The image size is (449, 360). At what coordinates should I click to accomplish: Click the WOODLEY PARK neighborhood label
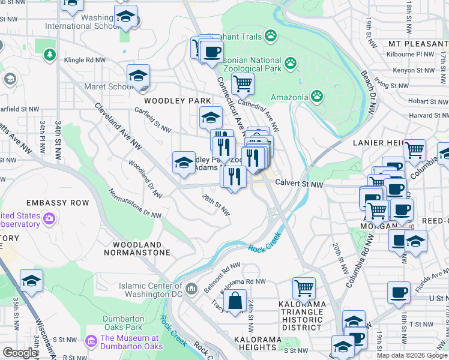(x=177, y=100)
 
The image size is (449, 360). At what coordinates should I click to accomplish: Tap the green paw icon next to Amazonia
(x=316, y=96)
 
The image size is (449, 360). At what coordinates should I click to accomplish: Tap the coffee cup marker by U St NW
(x=399, y=293)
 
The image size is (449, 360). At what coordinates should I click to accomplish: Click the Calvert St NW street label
(x=299, y=185)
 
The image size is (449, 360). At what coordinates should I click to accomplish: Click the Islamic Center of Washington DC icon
(x=191, y=289)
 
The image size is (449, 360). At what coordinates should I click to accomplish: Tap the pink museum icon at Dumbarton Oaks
(x=91, y=341)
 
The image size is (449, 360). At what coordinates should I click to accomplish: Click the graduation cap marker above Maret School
(x=138, y=76)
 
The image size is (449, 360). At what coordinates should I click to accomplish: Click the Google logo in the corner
(x=20, y=353)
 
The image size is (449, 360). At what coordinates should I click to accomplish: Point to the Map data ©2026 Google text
(x=411, y=355)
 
